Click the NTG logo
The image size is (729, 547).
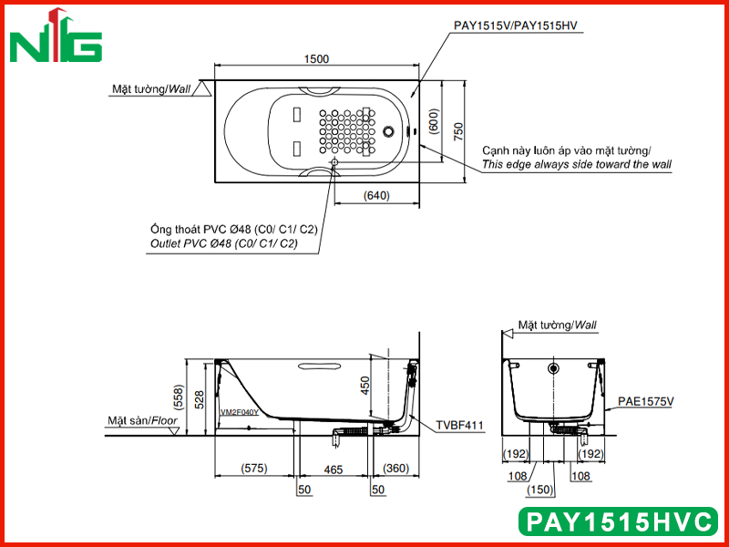(x=56, y=36)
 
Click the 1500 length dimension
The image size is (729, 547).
(x=316, y=59)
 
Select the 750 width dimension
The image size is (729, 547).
(x=458, y=132)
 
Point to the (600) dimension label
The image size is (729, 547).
(x=434, y=121)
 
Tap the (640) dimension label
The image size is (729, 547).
(x=376, y=195)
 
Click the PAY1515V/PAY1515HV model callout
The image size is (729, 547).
(x=515, y=26)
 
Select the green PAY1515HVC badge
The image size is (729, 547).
(x=619, y=521)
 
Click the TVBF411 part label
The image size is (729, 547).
(x=459, y=425)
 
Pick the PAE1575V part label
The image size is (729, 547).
(x=645, y=401)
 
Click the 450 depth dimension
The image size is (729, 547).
(x=365, y=386)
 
